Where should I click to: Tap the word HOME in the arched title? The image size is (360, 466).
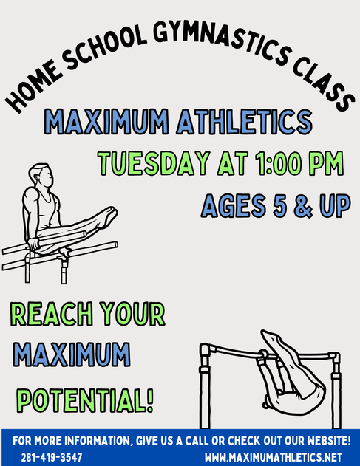tap(31, 87)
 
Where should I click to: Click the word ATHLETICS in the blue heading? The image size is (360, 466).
tap(244, 122)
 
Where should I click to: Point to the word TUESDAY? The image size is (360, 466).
tap(154, 163)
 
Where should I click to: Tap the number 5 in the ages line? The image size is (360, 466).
tap(280, 205)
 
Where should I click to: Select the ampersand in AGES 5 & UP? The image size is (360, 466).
tap(303, 205)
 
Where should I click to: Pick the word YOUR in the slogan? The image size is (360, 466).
tap(132, 314)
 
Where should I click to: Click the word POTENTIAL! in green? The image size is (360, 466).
tap(85, 400)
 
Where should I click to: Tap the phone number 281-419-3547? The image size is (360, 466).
tap(52, 457)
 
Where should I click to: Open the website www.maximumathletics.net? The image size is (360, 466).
tap(273, 457)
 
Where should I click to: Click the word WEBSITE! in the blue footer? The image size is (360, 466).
tap(329, 441)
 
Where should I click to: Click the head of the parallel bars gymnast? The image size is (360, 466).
tap(41, 175)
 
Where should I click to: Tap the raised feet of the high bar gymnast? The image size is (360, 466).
tap(271, 337)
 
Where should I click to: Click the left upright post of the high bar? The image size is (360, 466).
tap(204, 386)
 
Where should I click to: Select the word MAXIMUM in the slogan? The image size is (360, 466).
tap(72, 354)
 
